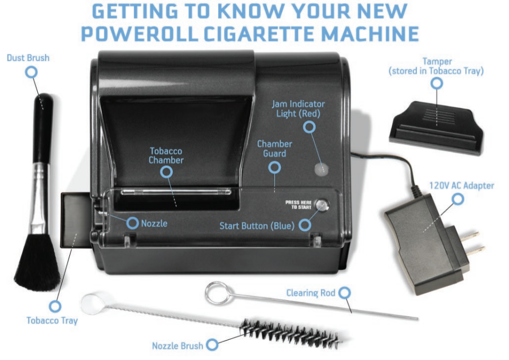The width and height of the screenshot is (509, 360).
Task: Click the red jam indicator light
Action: tap(322, 169)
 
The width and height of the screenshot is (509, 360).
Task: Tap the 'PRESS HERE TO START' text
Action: tap(298, 205)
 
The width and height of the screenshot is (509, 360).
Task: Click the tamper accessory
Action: tap(436, 127)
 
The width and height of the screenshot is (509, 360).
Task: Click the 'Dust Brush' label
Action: tap(28, 58)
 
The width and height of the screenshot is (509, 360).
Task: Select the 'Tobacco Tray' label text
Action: tap(52, 320)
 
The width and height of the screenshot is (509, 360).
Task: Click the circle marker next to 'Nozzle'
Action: tap(132, 223)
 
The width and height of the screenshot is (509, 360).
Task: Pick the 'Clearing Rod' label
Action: tap(310, 293)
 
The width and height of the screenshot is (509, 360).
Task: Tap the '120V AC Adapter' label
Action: tap(461, 185)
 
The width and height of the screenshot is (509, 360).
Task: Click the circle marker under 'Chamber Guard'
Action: tap(274, 167)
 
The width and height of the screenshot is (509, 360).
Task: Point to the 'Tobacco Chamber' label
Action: tap(166, 155)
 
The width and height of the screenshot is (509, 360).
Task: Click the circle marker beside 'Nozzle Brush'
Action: tap(212, 345)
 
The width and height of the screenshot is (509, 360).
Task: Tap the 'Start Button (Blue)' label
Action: tap(257, 226)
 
